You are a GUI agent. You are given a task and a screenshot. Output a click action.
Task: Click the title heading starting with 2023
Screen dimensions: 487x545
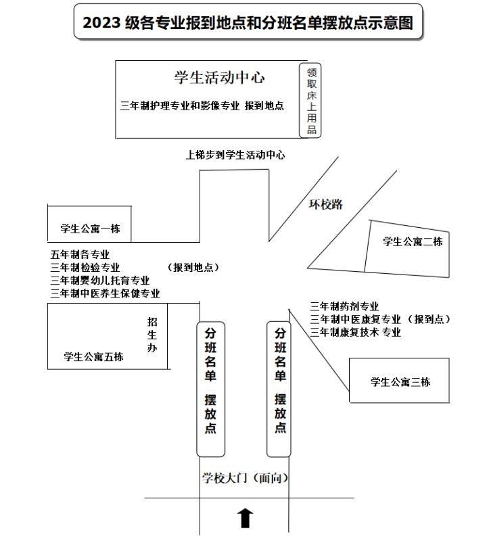point(248,22)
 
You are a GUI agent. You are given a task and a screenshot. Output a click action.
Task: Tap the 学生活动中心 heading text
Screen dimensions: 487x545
point(220,78)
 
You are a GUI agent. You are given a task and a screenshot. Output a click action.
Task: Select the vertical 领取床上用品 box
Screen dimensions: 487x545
point(310,101)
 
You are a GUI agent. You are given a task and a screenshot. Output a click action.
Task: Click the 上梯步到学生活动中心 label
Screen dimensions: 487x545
point(235,155)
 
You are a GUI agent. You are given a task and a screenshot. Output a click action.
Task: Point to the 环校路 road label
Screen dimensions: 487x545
point(326,204)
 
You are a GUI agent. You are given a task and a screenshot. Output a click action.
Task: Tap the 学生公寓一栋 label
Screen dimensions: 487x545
point(91,229)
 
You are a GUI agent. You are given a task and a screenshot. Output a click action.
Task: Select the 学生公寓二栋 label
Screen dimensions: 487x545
point(413,241)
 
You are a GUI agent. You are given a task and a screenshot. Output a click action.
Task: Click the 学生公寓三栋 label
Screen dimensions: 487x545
point(400,382)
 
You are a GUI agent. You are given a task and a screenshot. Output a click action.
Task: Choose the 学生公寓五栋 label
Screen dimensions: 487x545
point(93,356)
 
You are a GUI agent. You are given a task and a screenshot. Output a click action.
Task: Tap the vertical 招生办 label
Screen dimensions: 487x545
point(152,334)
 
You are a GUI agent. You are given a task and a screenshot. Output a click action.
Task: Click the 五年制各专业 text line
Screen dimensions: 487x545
point(80,255)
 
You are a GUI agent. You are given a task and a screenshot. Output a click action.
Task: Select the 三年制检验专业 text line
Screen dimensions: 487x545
point(85,268)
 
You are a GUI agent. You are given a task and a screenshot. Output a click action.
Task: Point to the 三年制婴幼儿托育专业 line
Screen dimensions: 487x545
point(100,281)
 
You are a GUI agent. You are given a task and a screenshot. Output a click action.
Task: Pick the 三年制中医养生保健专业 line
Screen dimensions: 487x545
point(105,293)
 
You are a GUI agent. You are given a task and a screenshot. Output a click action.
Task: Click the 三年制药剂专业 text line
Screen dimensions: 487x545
point(344,306)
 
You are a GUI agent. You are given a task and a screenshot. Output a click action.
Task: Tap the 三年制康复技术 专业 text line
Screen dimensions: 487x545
point(356,332)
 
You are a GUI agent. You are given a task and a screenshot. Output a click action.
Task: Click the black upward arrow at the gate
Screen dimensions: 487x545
point(245,518)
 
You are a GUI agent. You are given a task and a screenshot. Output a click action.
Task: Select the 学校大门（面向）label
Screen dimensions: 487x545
point(246,478)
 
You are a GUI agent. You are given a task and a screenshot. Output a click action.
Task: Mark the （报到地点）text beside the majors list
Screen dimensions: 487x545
point(193,267)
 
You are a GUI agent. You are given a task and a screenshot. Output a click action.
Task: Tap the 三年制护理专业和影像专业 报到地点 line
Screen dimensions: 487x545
point(202,105)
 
